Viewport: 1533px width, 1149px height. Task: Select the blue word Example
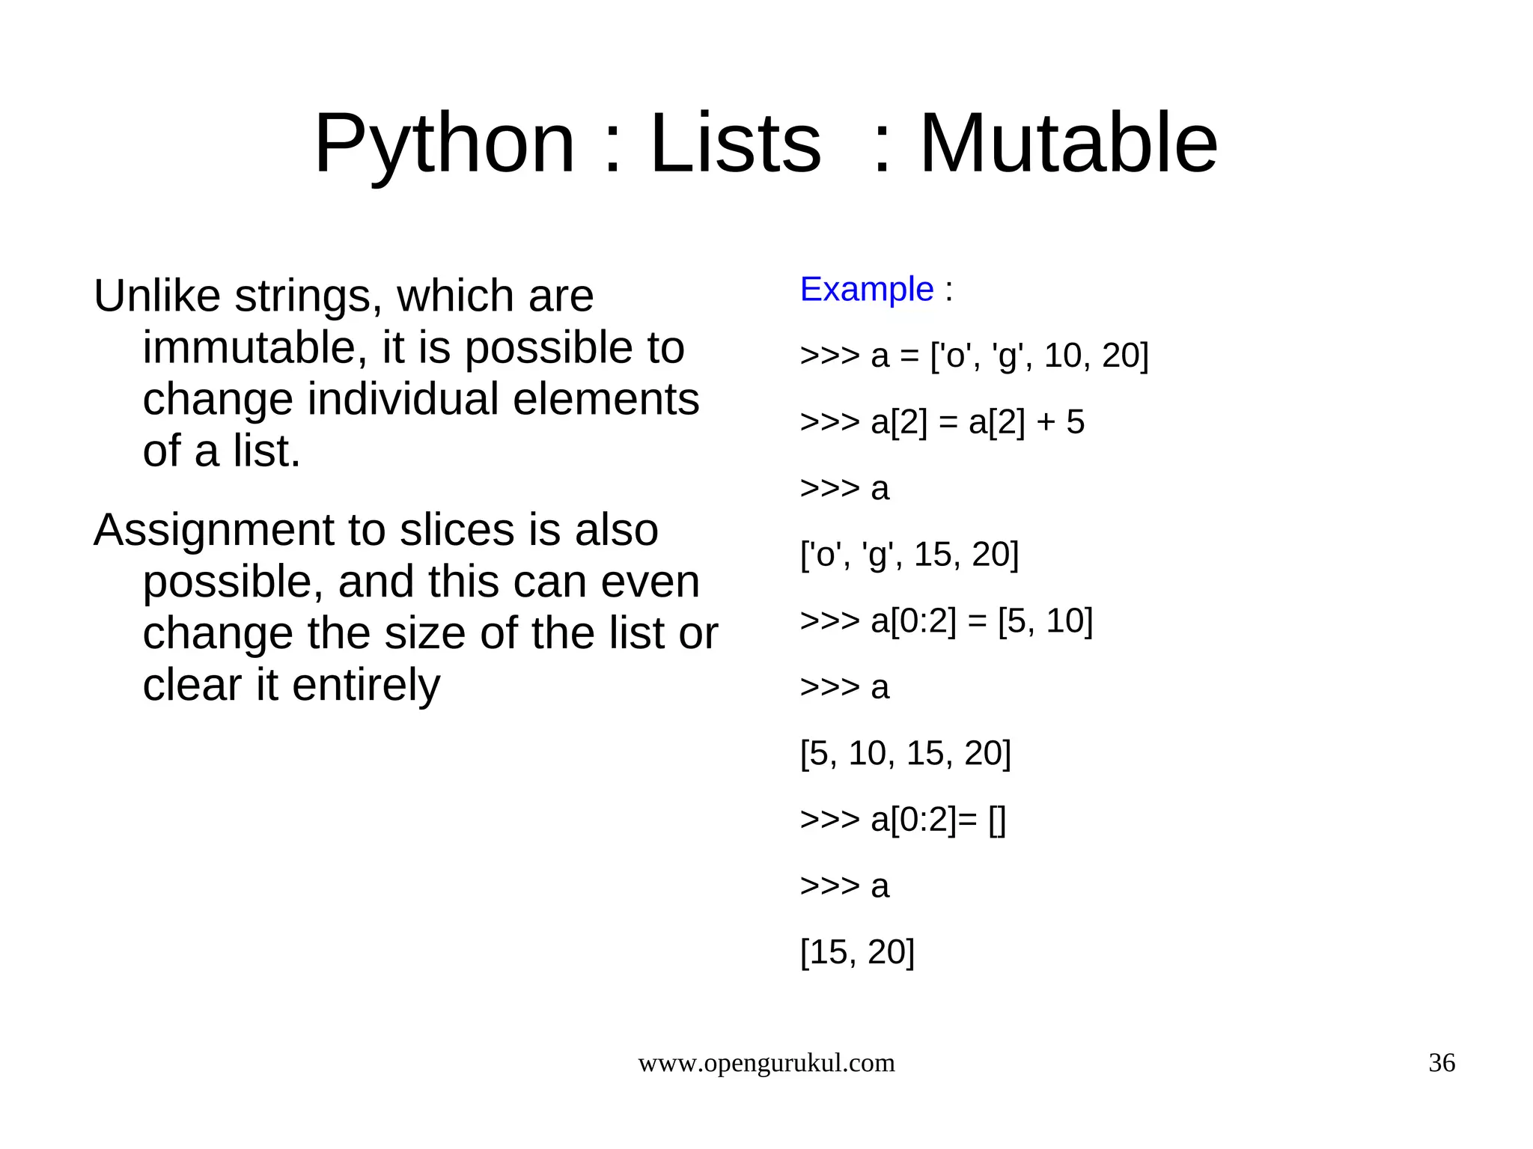click(867, 289)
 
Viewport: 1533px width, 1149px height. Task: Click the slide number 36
click(1442, 1062)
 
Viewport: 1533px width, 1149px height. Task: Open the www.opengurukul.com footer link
click(766, 1062)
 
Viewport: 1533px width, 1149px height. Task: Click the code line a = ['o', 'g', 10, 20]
click(974, 356)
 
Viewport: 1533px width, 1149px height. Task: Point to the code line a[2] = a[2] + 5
click(942, 422)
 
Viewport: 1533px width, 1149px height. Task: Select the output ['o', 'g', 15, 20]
click(909, 555)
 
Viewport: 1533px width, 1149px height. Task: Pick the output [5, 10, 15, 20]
click(905, 753)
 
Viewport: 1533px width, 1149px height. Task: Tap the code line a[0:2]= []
click(903, 820)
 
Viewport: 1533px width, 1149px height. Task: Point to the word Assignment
click(213, 530)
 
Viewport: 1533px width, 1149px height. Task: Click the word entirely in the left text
click(366, 685)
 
